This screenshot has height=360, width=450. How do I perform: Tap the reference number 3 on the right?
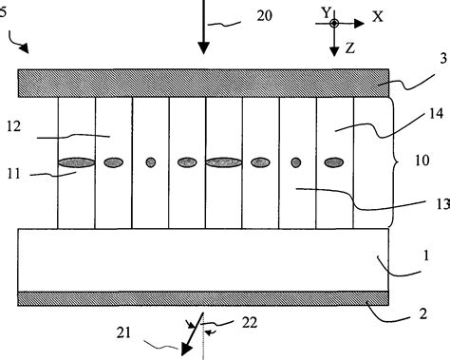pyautogui.click(x=419, y=86)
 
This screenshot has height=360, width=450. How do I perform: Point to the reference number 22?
pyautogui.click(x=250, y=324)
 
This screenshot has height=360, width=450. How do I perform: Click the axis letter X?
pyautogui.click(x=377, y=17)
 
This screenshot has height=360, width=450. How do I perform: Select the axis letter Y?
pyautogui.click(x=327, y=11)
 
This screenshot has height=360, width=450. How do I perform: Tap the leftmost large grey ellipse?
pyautogui.click(x=76, y=163)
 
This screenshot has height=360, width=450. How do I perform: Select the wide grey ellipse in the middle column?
pyautogui.click(x=224, y=163)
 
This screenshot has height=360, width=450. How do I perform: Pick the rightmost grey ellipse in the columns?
pyautogui.click(x=334, y=163)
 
